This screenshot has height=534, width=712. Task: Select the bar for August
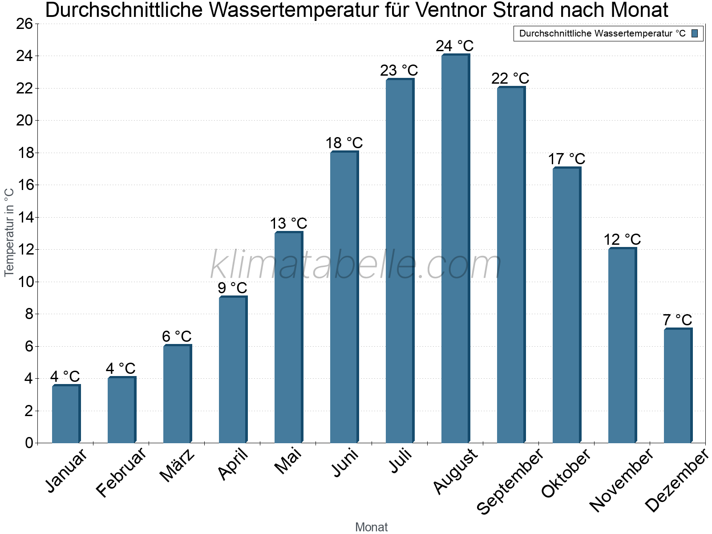point(455,248)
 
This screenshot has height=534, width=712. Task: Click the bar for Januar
point(66,414)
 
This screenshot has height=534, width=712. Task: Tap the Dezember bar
point(678,385)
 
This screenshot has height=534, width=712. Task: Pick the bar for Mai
point(289,337)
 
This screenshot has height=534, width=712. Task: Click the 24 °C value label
point(454,46)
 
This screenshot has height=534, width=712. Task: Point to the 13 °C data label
point(288,223)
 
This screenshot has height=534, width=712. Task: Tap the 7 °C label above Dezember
point(678,320)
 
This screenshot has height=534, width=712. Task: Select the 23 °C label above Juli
point(399,70)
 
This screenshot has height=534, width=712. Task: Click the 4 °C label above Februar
point(120,368)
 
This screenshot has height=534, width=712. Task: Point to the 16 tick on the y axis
point(24,185)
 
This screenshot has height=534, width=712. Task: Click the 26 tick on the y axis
point(24,24)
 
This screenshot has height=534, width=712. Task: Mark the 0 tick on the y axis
point(29,443)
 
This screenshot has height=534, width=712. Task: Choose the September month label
point(510,481)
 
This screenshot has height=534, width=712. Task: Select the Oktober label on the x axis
point(566,473)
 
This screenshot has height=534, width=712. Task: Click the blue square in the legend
point(695,33)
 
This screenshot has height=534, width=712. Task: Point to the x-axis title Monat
point(372,527)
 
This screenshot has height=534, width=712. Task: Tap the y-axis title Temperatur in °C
point(9,232)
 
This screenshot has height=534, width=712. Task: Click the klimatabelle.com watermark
point(356,264)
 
